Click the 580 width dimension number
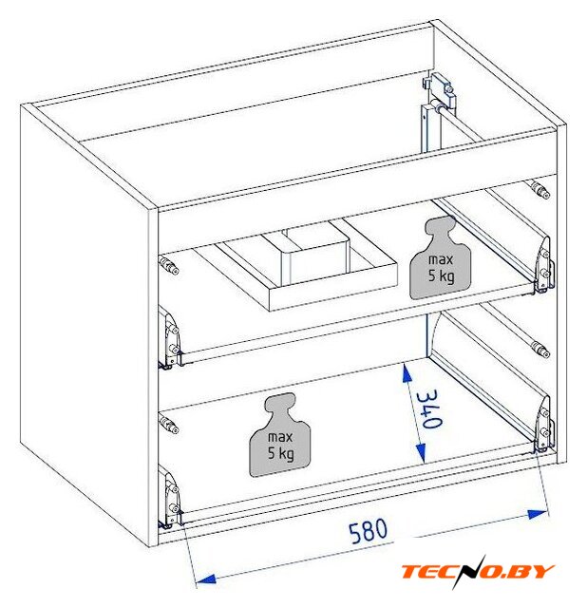[368, 530]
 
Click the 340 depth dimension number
[428, 409]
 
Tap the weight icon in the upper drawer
[440, 257]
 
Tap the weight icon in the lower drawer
[280, 435]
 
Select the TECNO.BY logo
[478, 572]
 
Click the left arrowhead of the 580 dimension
[205, 579]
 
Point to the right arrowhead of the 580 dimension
[539, 515]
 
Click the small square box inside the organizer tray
[316, 256]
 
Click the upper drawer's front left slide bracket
[170, 338]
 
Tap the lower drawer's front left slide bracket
[170, 498]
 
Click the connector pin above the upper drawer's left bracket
[169, 266]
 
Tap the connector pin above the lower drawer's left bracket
[169, 425]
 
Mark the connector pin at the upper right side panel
[540, 189]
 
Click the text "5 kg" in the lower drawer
[280, 453]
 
